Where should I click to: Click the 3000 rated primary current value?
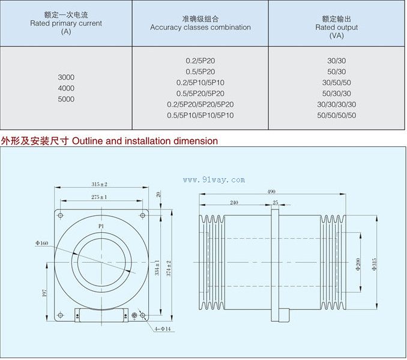click(66, 77)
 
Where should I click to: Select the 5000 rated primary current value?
click(66, 99)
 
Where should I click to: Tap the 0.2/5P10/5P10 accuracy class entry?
click(200, 82)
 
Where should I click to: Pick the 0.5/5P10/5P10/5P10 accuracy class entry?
click(200, 115)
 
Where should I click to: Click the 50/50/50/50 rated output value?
click(336, 115)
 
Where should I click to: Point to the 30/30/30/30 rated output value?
click(336, 104)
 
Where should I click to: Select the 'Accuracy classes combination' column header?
click(200, 27)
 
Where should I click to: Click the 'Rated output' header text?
click(336, 27)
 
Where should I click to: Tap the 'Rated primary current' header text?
click(66, 23)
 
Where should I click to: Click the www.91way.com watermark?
click(214, 179)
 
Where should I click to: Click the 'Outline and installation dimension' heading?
click(144, 141)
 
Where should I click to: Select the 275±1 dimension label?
click(99, 196)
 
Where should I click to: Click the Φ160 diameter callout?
click(42, 242)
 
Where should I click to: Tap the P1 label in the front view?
click(101, 226)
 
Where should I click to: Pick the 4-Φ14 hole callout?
click(162, 329)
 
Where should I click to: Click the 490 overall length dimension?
click(271, 191)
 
